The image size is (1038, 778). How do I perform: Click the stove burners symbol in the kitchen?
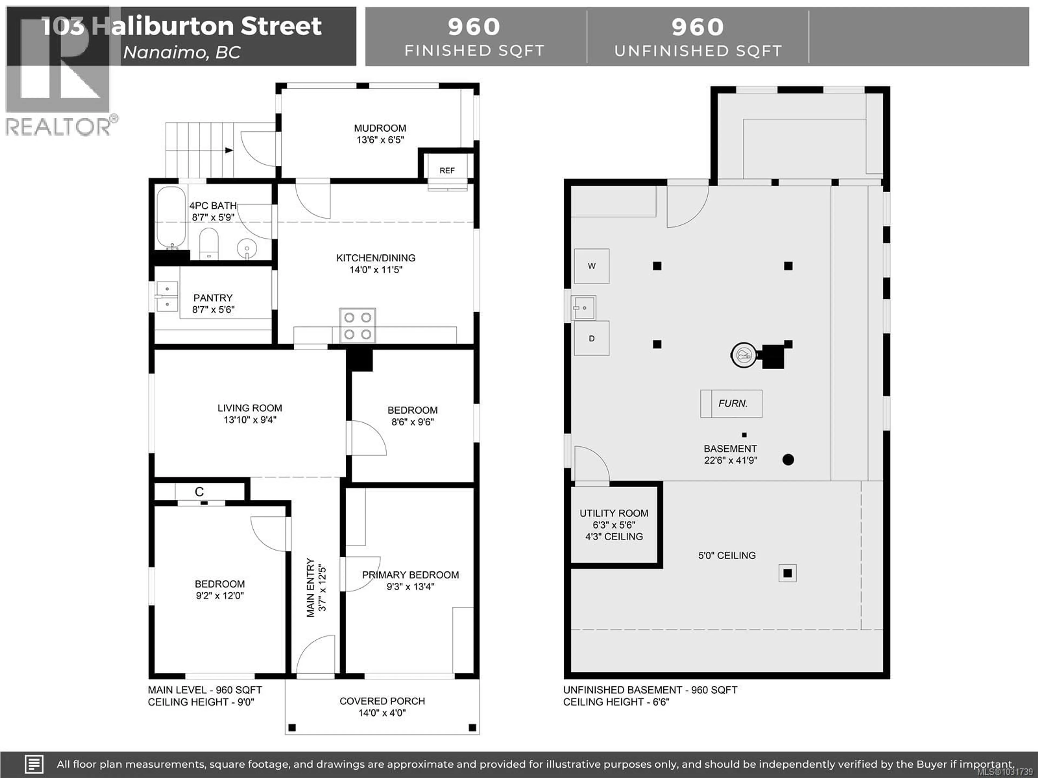358,326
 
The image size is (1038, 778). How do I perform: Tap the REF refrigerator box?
447,170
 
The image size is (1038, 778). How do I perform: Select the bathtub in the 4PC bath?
171,217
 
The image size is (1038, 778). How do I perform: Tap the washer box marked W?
592,266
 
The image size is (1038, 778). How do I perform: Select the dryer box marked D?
592,338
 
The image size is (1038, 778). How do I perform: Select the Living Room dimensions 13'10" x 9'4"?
250,420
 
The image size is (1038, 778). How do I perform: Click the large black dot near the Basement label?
788,460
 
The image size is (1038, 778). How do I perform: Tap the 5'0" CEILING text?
727,555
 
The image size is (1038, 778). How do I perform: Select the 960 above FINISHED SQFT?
474,27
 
